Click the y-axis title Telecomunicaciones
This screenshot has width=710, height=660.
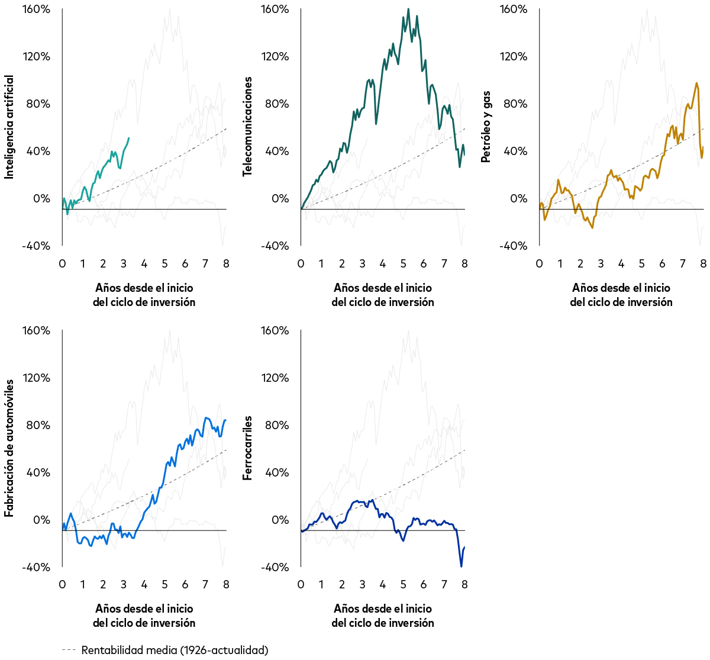point(247,127)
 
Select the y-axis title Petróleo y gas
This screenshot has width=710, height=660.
point(486,127)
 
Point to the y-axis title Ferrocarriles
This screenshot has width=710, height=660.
point(247,448)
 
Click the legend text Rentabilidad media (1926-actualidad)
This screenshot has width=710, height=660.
point(175,650)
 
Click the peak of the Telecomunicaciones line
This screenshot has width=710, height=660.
point(408,9)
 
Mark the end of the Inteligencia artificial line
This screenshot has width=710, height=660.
point(129,138)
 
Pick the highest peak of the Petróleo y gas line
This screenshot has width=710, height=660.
point(696,83)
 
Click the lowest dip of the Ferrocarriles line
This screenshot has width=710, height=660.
point(461,566)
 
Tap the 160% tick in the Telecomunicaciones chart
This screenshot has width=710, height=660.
point(275,9)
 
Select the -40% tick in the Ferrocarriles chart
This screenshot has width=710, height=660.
point(275,567)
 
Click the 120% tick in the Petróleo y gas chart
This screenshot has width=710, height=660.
point(514,57)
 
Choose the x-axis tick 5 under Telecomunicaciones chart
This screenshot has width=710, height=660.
point(403,263)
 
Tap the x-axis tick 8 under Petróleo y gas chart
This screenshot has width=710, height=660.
point(703,263)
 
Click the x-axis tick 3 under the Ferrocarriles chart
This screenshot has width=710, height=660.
point(362,585)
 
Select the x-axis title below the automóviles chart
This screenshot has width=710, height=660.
point(144,616)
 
